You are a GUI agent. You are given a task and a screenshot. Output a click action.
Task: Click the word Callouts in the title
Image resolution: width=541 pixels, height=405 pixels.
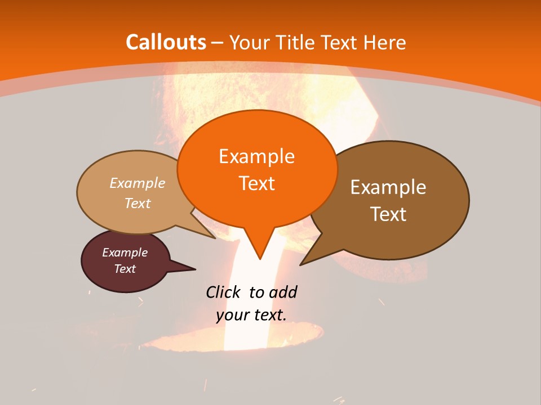click(166, 42)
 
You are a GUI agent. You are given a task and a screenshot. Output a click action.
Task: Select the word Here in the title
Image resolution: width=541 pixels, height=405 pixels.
click(386, 42)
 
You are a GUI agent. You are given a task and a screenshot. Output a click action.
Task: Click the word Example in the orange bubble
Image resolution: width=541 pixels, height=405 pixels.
click(256, 156)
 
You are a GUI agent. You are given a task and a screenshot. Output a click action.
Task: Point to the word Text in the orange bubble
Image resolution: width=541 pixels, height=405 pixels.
click(256, 183)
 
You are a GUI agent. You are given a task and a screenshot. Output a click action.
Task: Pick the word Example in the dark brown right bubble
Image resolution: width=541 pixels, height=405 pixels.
click(388, 187)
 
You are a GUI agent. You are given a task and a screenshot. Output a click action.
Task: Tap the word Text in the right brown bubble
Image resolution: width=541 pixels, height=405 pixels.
click(388, 214)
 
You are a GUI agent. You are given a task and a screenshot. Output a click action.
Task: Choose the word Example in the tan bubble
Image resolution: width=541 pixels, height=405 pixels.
click(138, 183)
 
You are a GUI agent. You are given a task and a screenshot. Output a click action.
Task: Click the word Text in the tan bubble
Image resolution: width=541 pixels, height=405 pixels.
click(138, 203)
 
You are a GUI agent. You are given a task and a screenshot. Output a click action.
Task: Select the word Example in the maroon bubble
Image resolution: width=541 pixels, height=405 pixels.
click(125, 253)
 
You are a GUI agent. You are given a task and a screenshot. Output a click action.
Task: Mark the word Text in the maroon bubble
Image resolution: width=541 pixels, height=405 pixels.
click(125, 269)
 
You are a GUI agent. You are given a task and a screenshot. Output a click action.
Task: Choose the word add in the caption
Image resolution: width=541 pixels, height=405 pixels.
click(282, 292)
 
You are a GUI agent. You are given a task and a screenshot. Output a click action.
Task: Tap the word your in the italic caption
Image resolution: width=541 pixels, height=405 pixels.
click(231, 315)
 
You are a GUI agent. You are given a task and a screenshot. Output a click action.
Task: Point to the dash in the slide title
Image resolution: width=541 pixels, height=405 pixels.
click(218, 42)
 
